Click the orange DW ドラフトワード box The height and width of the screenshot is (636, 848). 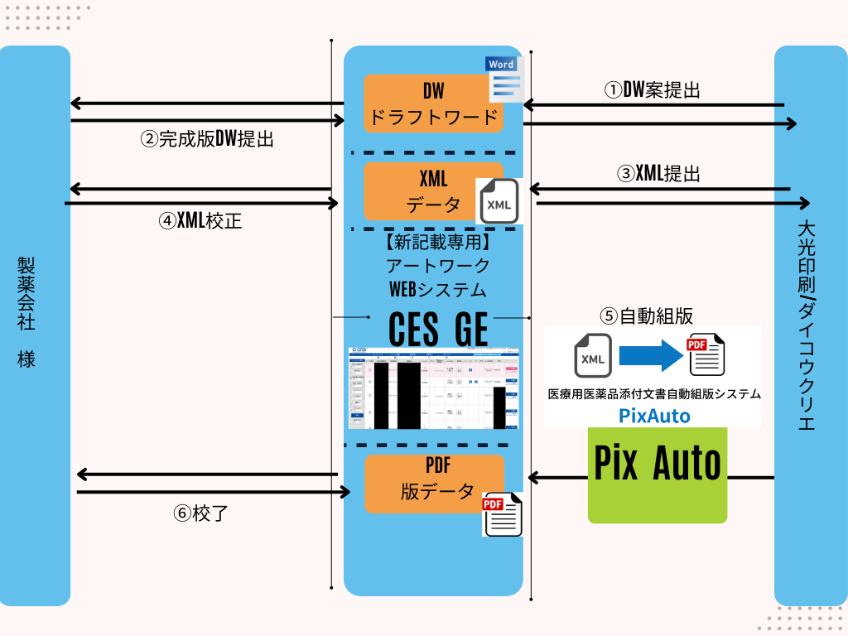tap(433, 104)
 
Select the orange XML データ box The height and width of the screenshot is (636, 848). tap(422, 191)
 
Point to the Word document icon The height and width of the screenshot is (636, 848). tap(503, 79)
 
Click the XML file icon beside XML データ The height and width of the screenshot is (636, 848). tap(497, 202)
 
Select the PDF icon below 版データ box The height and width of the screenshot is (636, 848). tap(502, 514)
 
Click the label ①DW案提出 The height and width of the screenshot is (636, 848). tap(651, 90)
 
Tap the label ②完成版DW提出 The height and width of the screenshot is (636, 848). tap(206, 139)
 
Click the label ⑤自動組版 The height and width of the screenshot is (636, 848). tap(646, 316)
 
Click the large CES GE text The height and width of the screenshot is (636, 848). tap(438, 329)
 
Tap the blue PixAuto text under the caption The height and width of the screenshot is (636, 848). tap(653, 415)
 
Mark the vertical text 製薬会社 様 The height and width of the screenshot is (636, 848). tap(26, 311)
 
